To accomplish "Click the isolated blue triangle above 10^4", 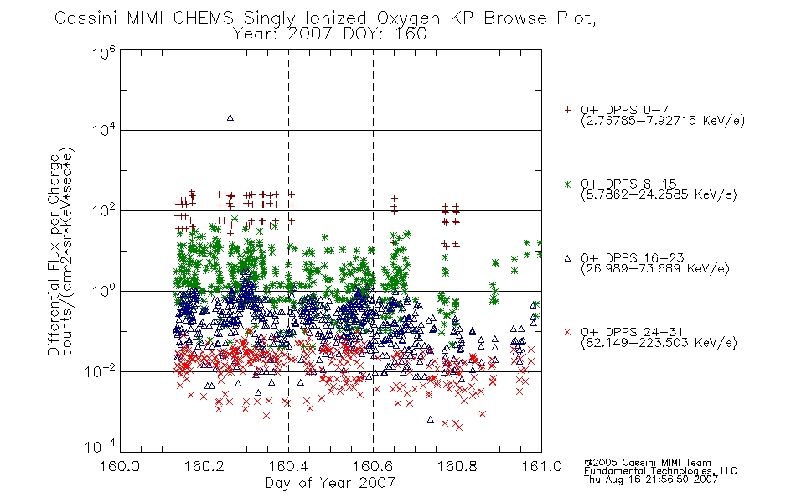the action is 230,117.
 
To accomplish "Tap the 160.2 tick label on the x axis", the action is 204,465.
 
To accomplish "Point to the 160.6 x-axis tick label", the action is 373,465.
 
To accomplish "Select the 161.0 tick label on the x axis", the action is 541,465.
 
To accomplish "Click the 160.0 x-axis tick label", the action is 120,465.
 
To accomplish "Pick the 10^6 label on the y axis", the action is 104,53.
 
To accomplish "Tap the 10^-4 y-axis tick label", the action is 100,446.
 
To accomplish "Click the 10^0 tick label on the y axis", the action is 104,291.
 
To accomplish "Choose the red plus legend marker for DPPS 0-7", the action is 567,110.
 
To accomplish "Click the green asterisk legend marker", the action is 567,184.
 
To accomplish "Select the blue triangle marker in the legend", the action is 567,258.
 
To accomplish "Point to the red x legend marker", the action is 567,332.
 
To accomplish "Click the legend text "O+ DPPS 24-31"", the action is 632,332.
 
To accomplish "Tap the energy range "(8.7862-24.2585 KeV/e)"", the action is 659,194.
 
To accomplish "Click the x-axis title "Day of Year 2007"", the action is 330,483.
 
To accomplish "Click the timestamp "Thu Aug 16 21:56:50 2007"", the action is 651,480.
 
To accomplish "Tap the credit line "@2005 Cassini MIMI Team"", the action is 648,463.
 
